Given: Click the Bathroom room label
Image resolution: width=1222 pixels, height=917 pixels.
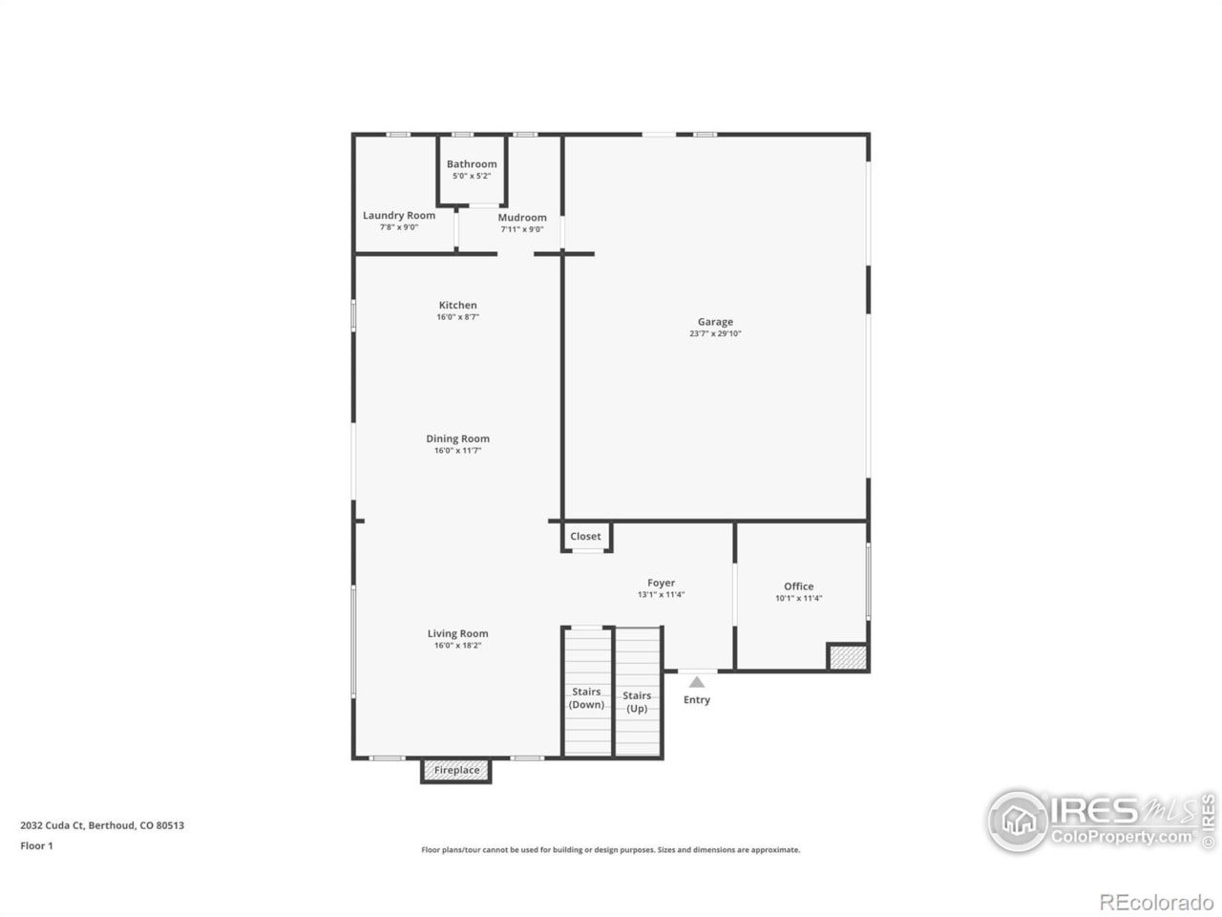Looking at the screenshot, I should click(472, 164).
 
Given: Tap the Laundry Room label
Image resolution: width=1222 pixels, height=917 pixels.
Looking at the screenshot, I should click(399, 216).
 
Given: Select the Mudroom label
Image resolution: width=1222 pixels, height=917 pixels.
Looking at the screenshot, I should click(522, 218).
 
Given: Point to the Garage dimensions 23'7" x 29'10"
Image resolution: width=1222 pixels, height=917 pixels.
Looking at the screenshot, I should click(715, 334).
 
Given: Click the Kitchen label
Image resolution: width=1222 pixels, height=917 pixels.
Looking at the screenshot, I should click(457, 306).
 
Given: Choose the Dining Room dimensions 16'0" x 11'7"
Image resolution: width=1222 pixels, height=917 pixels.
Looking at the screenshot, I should click(457, 451).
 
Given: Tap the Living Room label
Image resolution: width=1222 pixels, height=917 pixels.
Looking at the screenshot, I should click(457, 633).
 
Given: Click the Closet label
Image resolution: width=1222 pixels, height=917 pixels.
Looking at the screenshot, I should click(585, 537).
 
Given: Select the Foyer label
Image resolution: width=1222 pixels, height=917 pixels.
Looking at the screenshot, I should click(661, 583).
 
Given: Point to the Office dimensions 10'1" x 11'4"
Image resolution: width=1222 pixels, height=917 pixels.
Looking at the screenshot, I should click(798, 599).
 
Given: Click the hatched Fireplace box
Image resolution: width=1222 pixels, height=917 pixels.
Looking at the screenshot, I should click(456, 771).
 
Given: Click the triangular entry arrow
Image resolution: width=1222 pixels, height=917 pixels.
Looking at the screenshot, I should click(697, 682).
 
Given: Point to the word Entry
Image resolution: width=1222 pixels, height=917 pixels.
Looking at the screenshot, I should click(697, 700).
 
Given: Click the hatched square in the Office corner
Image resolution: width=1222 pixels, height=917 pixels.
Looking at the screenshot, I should click(847, 657).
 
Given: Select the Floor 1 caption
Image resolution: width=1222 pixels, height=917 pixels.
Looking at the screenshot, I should click(36, 846).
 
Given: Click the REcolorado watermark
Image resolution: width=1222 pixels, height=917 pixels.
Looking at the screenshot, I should click(1156, 903).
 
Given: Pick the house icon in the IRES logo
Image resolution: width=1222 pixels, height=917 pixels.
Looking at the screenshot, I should click(1019, 821).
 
